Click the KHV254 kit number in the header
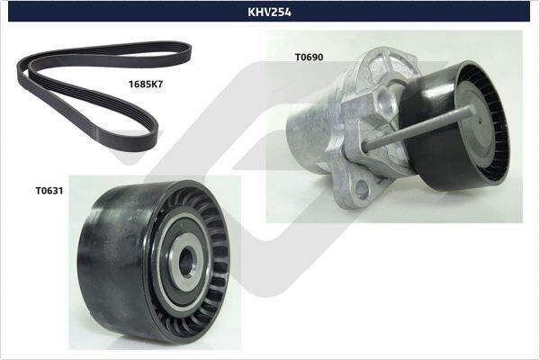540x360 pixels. coord(269,12)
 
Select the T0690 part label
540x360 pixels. coord(309,57)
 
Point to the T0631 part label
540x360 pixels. coord(49,191)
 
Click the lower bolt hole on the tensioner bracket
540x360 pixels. coord(362,189)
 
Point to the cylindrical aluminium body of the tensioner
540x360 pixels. coord(310,135)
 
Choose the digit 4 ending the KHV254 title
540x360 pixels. coord(288,12)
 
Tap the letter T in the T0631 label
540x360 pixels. coord(39,191)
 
